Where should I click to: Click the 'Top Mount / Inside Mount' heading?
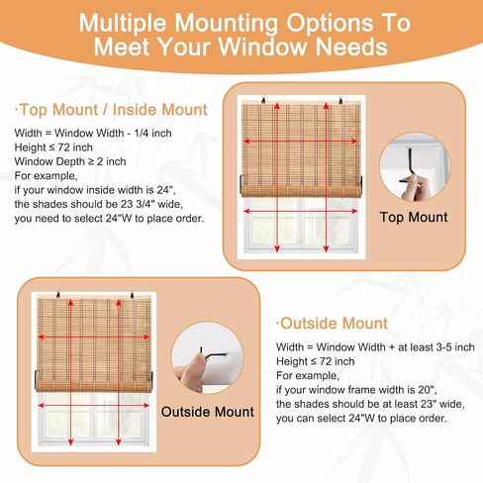111,110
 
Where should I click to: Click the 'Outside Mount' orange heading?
332,323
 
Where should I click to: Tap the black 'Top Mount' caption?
414,217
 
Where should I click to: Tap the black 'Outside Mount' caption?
208,412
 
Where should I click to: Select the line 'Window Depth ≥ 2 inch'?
70,161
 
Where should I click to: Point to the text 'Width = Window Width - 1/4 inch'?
93,133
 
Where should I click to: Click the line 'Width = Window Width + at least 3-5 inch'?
375,346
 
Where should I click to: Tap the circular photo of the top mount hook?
415,167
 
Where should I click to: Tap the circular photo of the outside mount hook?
208,357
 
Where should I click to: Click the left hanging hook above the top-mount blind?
263,99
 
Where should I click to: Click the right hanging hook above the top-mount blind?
340,99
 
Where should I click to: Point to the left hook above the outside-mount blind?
58,295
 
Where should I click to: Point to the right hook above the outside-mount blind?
132,295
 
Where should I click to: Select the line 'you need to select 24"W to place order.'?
109,219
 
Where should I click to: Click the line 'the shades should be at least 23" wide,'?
370,404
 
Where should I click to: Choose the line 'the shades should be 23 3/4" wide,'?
99,204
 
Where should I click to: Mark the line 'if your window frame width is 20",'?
356,390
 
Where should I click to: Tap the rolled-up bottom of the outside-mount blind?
94,381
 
